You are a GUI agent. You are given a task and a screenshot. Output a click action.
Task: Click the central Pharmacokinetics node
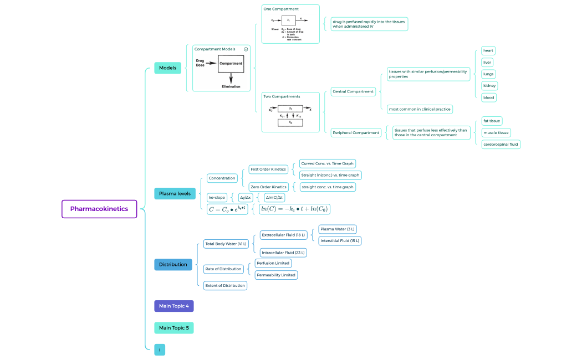click(x=99, y=209)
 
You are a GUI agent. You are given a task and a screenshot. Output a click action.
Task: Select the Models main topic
click(x=167, y=68)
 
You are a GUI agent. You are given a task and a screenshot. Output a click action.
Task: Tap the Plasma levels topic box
click(x=175, y=193)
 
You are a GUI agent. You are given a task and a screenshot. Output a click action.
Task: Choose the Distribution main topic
click(x=173, y=264)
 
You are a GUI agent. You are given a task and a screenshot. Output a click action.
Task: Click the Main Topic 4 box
click(x=173, y=306)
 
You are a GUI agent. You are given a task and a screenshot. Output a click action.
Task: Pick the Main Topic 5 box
click(x=173, y=328)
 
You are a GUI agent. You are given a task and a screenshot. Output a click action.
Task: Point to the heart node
click(x=488, y=50)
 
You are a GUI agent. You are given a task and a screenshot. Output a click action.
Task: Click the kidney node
click(x=489, y=86)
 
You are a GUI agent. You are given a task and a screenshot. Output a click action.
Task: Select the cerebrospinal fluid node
click(x=501, y=144)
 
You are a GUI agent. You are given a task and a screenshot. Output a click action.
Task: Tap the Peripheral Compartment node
click(x=356, y=132)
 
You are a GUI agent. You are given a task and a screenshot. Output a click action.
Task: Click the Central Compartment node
click(x=353, y=91)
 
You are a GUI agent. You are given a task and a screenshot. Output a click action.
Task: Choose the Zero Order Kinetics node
click(x=268, y=187)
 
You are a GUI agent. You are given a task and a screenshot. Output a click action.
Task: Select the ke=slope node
click(x=216, y=197)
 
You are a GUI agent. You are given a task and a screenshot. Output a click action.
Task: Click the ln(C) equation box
click(x=294, y=209)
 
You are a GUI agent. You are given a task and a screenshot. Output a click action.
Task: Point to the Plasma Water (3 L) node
click(x=338, y=229)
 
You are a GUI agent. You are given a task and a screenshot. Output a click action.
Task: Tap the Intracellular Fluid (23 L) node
click(x=283, y=252)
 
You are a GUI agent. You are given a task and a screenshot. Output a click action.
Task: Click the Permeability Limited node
click(x=275, y=275)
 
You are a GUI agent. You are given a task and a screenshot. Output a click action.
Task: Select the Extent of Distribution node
click(x=224, y=285)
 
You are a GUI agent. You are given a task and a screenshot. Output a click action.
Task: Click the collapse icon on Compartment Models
click(x=246, y=49)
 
